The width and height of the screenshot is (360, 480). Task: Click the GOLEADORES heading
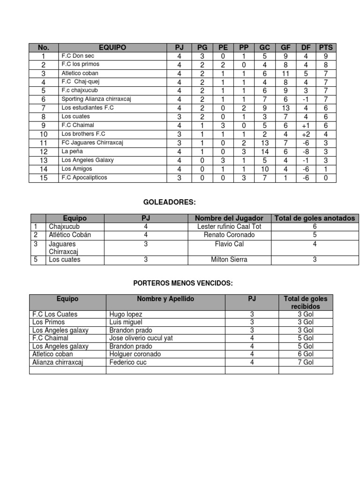[169, 202]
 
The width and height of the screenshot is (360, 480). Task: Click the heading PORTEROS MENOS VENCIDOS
[183, 283]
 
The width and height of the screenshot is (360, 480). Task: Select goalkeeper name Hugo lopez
[126, 314]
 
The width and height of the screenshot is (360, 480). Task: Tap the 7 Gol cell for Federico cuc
[306, 362]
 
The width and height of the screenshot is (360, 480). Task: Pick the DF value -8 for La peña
[306, 151]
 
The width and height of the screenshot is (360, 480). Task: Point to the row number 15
[44, 178]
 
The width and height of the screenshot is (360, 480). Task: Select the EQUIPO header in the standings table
[112, 47]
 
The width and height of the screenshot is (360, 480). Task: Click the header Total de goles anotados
[315, 218]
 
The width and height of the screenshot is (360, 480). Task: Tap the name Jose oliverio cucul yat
[139, 338]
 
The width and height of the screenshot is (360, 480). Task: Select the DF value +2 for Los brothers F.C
[306, 134]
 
